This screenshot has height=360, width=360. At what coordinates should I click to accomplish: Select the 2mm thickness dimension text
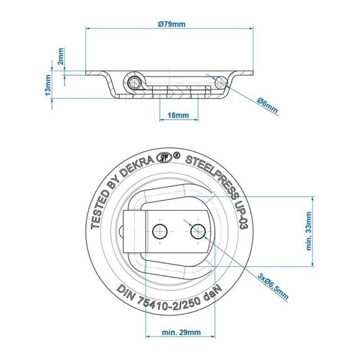61,56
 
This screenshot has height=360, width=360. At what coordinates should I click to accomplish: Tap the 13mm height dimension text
48,85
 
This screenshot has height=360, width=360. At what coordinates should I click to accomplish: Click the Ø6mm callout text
268,103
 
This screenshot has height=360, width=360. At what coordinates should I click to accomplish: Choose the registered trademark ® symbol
177,156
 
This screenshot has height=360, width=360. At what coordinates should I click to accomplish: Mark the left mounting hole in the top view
160,232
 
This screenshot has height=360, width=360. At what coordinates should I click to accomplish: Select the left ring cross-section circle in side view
133,83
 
